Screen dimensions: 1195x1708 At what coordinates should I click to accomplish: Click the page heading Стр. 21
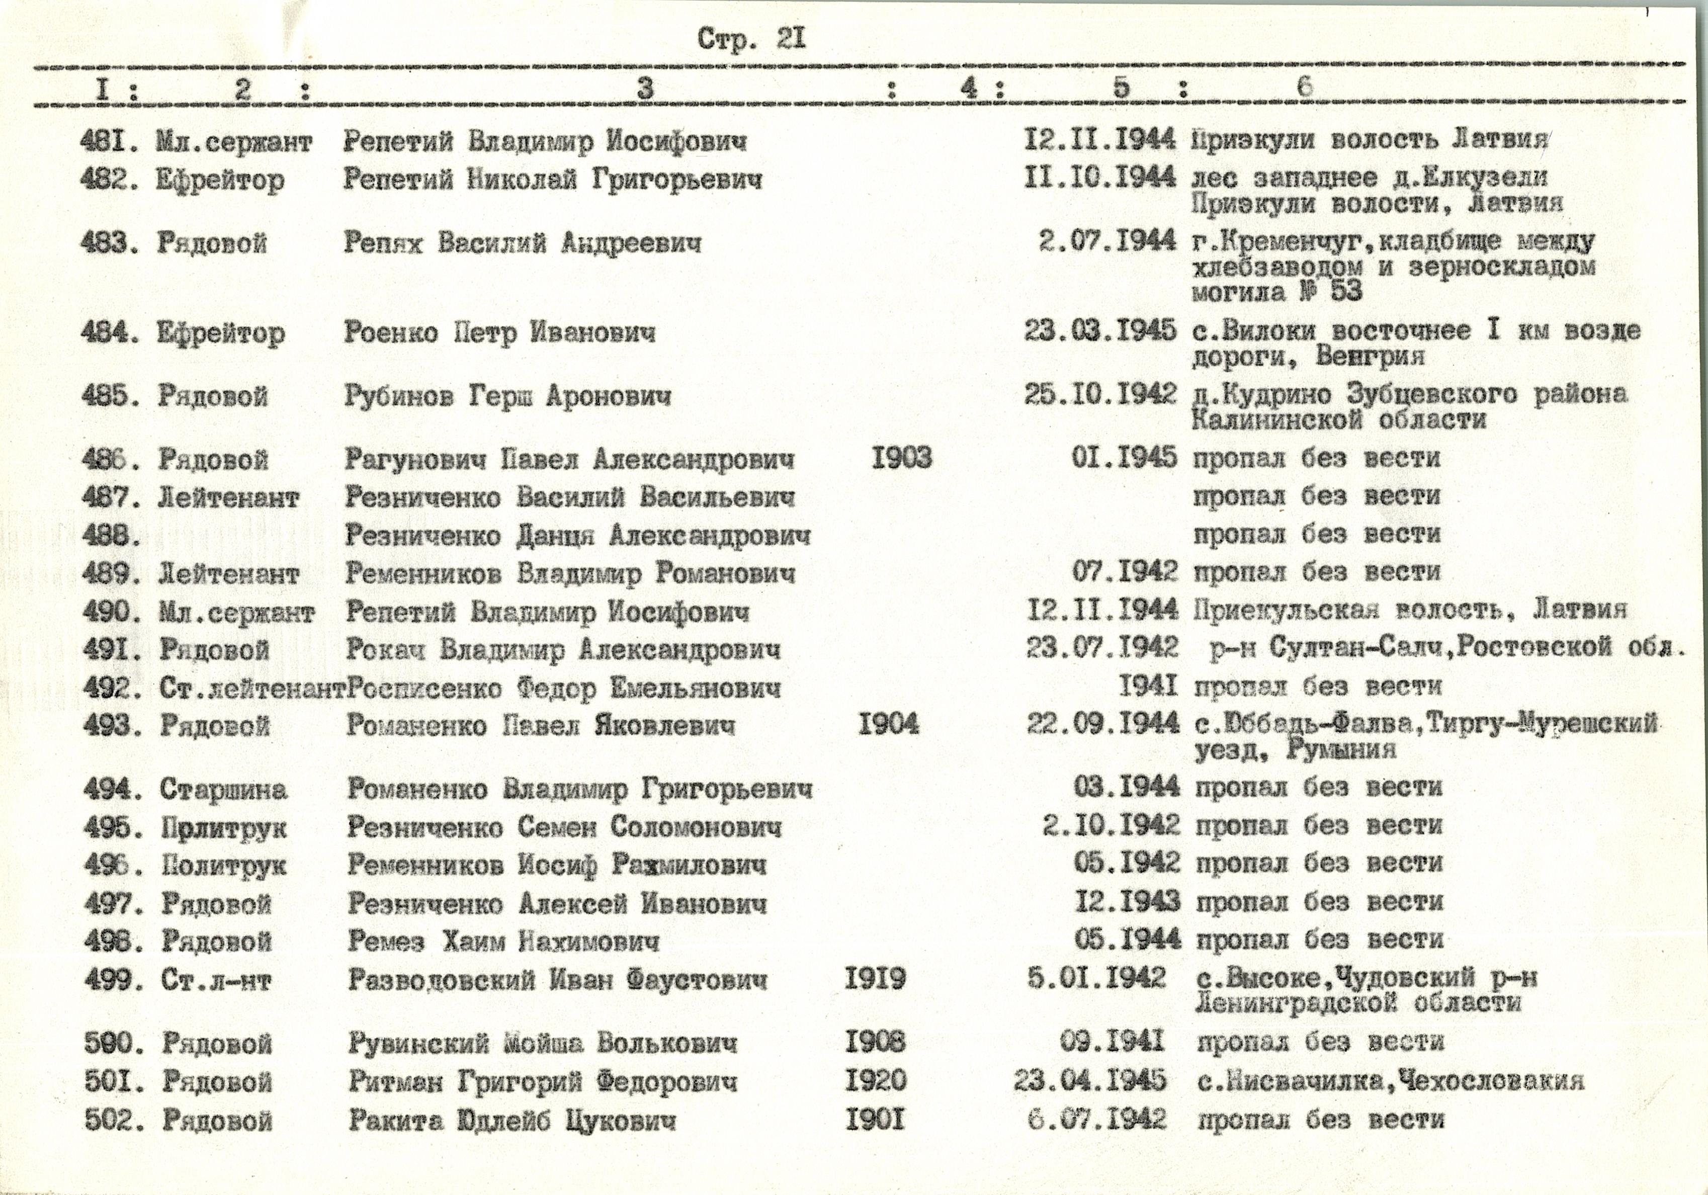pos(751,39)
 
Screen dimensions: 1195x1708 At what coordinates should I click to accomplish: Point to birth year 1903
pos(902,458)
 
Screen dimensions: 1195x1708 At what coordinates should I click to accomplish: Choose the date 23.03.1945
pos(1099,331)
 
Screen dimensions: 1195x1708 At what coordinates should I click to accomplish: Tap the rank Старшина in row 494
pos(223,790)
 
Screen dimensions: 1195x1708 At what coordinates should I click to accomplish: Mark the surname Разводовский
pos(441,980)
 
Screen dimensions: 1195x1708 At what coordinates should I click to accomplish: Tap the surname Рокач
pos(386,650)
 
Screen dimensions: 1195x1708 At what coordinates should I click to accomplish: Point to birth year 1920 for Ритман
pos(876,1080)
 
